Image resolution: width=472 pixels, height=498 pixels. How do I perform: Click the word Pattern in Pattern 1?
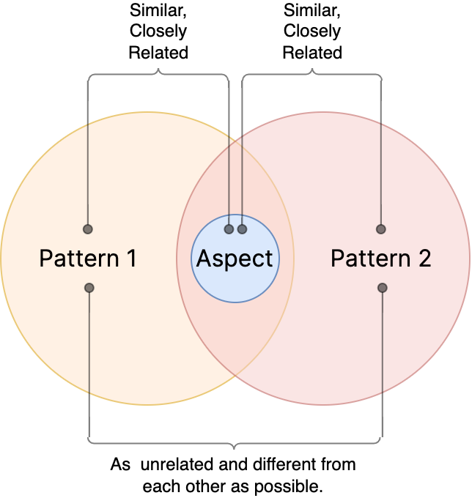78,259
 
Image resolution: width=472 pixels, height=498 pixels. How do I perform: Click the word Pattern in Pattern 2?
370,259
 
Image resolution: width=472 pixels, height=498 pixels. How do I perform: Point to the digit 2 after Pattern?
424,259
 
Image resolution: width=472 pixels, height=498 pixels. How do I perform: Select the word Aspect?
235,259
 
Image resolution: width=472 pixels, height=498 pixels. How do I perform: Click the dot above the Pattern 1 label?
88,229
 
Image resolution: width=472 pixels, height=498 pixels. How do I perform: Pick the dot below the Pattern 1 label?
89,288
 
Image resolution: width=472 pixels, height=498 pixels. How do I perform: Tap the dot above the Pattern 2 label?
381,229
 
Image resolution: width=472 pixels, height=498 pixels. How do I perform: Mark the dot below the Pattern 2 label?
383,288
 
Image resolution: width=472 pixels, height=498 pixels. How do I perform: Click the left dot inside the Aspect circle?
229,229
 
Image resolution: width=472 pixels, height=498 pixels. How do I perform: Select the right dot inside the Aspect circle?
243,229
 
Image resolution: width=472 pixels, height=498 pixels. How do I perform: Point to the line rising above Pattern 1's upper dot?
88,176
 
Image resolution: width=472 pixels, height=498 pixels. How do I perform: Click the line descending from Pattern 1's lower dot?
89,341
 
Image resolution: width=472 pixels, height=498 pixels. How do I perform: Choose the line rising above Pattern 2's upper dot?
381,176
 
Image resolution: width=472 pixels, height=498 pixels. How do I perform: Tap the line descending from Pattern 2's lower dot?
383,341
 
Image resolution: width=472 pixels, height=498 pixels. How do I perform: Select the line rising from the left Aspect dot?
229,183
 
